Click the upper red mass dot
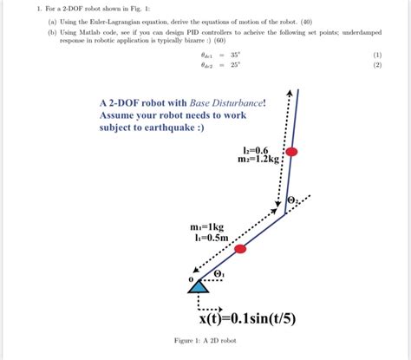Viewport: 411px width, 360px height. (x=292, y=151)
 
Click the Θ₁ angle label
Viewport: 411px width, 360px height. (x=219, y=275)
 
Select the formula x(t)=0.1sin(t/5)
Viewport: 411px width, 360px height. (x=247, y=317)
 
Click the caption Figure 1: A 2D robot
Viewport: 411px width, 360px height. (x=205, y=340)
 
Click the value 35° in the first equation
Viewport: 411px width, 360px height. (x=234, y=54)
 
